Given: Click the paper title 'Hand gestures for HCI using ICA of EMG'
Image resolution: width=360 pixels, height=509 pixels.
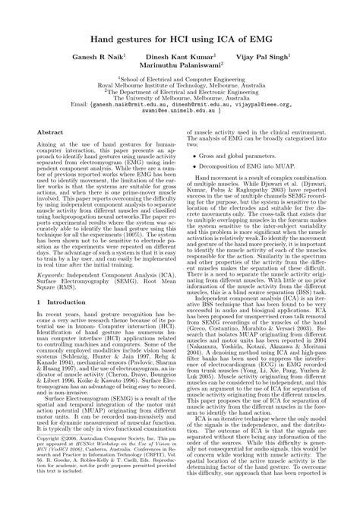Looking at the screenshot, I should coord(180,37).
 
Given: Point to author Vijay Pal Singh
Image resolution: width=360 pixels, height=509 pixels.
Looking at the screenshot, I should coord(262,57).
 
